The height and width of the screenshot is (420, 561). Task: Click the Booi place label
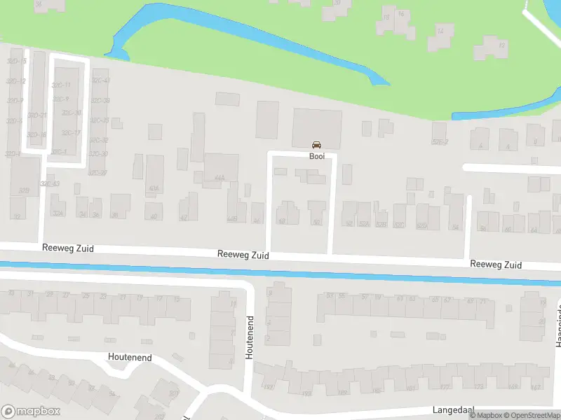(316, 156)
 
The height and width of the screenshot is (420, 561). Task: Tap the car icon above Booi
(316, 146)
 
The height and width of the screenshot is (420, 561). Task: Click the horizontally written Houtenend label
(129, 357)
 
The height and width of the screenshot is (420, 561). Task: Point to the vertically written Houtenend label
(249, 338)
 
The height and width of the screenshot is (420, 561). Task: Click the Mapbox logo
(31, 412)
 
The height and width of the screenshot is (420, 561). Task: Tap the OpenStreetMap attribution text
(530, 416)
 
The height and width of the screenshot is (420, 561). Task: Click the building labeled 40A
(154, 188)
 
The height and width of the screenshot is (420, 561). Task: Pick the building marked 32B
(24, 190)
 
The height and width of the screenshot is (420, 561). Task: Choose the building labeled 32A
(58, 213)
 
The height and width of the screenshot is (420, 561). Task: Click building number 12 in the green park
(501, 45)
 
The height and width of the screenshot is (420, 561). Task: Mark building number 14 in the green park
(440, 31)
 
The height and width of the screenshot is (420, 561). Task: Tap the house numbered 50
(317, 221)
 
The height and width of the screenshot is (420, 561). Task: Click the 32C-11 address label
(62, 85)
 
